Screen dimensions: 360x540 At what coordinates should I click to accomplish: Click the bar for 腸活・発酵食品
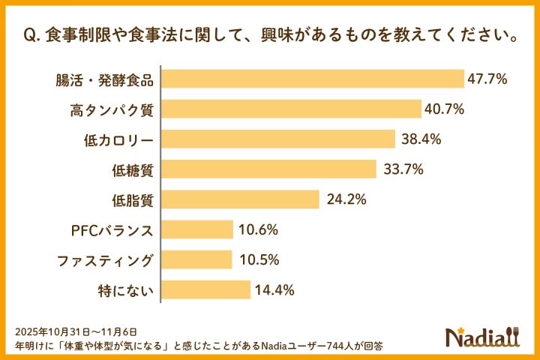pyautogui.click(x=313, y=79)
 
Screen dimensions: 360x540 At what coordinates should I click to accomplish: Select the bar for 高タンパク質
pyautogui.click(x=292, y=109)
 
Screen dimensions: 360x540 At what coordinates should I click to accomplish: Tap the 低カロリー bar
pyautogui.click(x=279, y=139)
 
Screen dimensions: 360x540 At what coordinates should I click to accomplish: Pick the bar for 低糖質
pyautogui.click(x=269, y=169)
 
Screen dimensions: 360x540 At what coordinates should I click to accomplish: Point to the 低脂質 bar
pyautogui.click(x=241, y=199)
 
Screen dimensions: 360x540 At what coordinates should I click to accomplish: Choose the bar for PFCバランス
pyautogui.click(x=198, y=229)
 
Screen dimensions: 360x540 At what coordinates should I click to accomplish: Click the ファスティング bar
pyautogui.click(x=197, y=259)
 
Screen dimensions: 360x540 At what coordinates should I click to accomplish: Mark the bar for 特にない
pyautogui.click(x=206, y=289)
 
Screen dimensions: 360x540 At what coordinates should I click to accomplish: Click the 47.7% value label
pyautogui.click(x=489, y=79)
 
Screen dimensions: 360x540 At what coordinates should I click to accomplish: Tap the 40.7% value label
pyautogui.click(x=445, y=109)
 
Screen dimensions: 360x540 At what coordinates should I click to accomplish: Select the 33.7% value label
pyautogui.click(x=403, y=169)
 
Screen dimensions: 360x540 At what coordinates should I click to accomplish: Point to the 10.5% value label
pyautogui.click(x=259, y=259)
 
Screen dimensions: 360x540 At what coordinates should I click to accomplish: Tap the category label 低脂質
pyautogui.click(x=132, y=200)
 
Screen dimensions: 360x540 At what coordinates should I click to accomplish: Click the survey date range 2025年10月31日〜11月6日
pyautogui.click(x=76, y=331)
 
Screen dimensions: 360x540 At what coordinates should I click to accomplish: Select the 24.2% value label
pyautogui.click(x=346, y=199)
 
